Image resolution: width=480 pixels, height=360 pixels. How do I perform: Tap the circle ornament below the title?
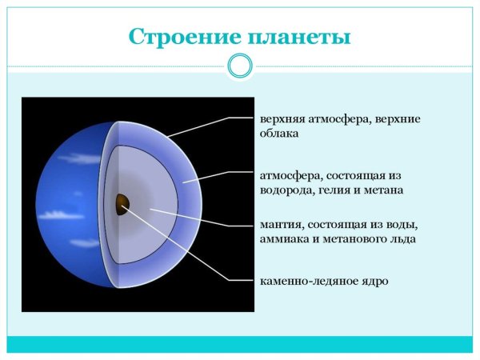[x=240, y=66]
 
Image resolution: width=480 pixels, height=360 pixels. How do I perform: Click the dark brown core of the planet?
[x=122, y=204]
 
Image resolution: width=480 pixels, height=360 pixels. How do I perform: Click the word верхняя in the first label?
[x=282, y=119]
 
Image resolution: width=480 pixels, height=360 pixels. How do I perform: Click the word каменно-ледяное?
[x=307, y=281]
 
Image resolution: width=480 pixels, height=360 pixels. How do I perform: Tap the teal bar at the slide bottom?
[x=240, y=344]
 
